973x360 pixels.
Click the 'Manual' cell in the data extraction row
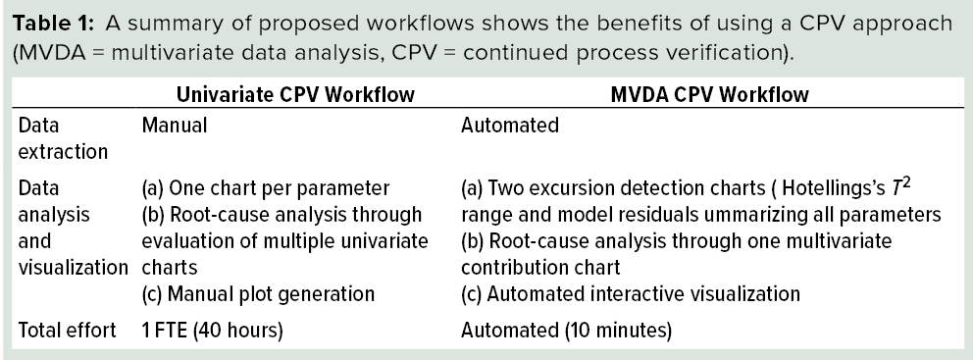(172, 126)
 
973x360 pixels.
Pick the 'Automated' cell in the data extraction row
(510, 126)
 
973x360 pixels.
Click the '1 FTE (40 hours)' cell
(213, 331)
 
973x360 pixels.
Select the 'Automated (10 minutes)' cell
(566, 331)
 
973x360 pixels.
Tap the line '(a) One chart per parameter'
(252, 187)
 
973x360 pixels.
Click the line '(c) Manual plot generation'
(244, 292)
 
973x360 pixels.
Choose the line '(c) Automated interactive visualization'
(631, 292)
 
